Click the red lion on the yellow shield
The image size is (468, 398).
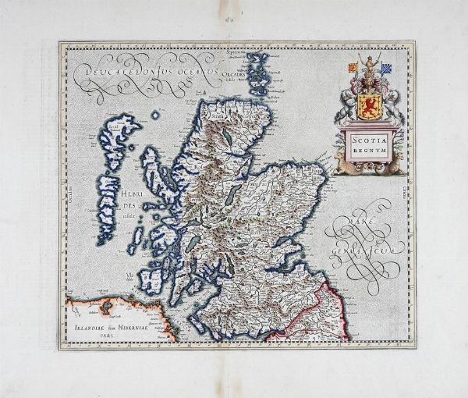(x=371, y=105)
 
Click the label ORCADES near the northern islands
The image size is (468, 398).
(x=236, y=76)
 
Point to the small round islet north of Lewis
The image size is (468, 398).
(x=155, y=115)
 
